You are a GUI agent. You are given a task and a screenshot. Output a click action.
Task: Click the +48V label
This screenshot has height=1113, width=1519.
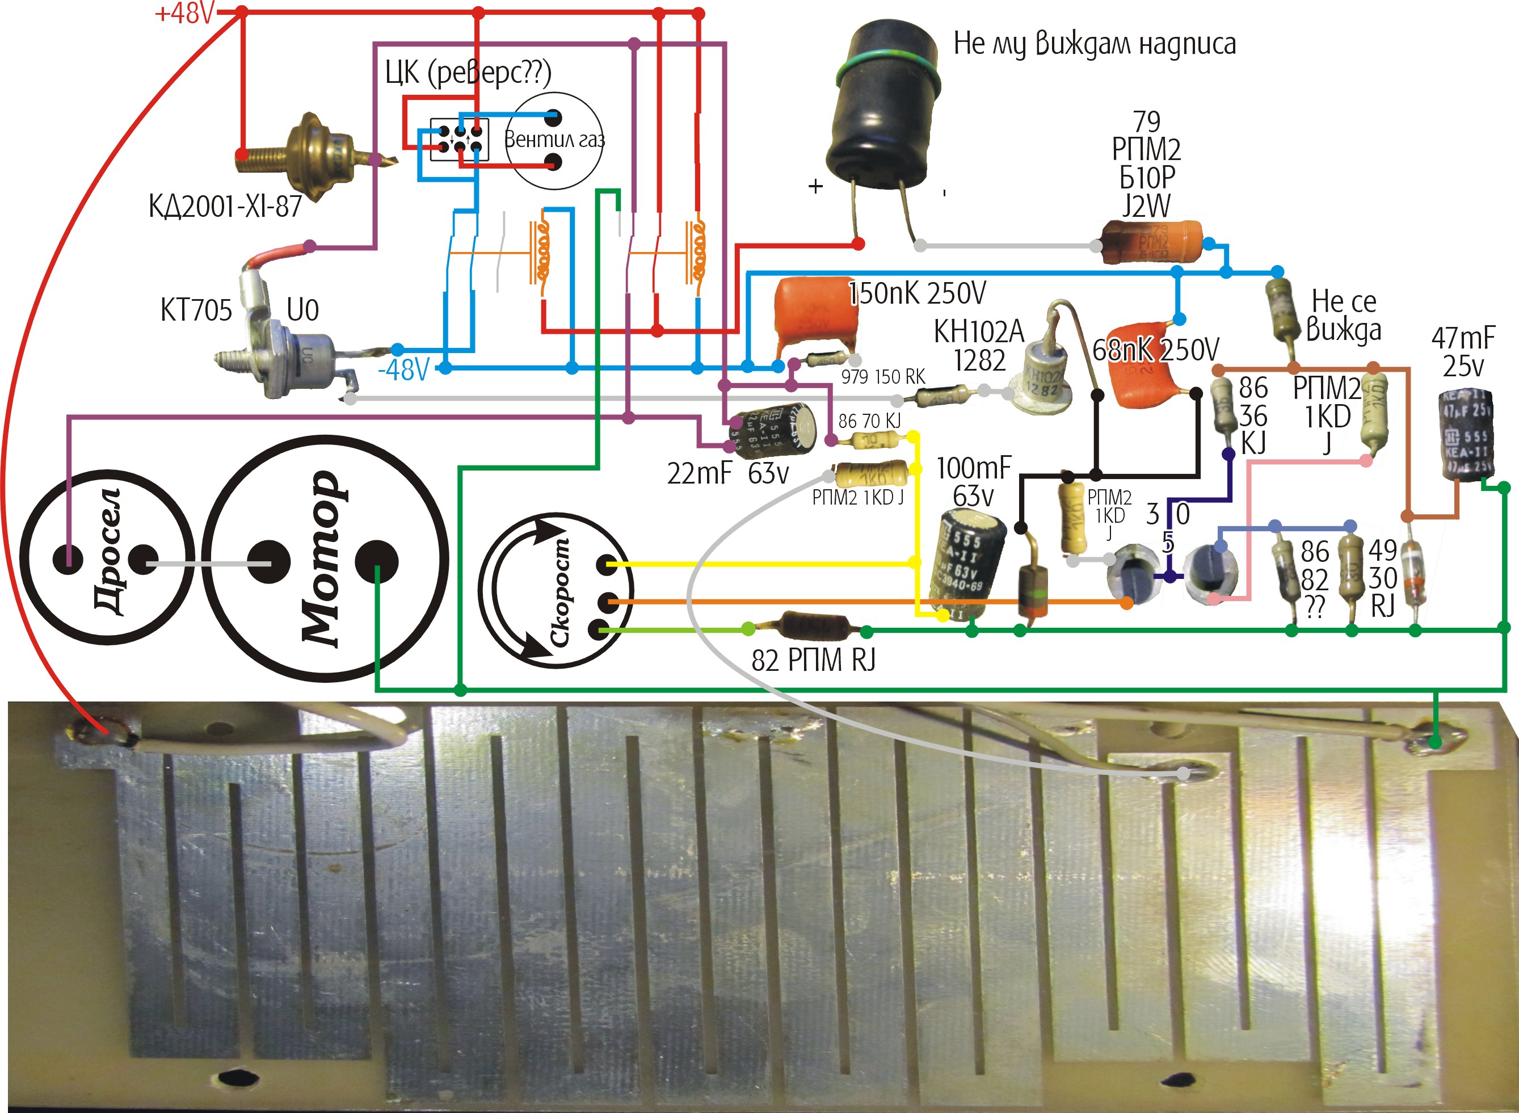click(x=184, y=14)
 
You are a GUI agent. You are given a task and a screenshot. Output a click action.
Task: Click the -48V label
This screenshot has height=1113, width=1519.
click(x=403, y=370)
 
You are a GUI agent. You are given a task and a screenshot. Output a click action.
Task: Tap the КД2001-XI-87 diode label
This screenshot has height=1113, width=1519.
click(x=225, y=206)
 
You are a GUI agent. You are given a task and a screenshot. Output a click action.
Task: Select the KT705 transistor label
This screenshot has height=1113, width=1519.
click(x=196, y=310)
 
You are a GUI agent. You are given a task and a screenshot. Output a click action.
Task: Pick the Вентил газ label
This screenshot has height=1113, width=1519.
click(x=554, y=140)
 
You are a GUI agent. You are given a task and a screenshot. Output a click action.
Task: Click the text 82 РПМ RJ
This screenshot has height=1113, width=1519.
click(x=813, y=660)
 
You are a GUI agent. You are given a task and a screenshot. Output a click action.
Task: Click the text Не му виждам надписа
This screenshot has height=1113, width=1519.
click(x=1095, y=44)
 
